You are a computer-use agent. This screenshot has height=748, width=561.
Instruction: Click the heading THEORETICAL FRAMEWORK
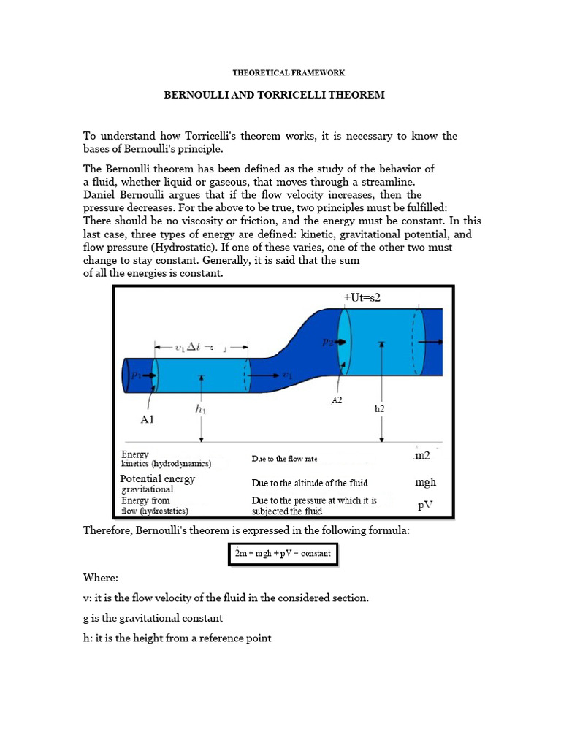point(288,73)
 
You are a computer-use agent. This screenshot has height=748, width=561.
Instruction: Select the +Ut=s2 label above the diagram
point(362,298)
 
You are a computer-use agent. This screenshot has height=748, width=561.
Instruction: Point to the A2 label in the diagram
point(337,401)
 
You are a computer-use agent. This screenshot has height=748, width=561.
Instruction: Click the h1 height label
point(200,410)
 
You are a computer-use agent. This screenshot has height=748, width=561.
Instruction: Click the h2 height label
point(379,409)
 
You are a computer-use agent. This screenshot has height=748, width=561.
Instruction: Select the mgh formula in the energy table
point(424,482)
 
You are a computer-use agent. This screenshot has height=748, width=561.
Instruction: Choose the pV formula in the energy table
point(426,505)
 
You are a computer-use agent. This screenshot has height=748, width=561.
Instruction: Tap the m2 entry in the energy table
point(422,456)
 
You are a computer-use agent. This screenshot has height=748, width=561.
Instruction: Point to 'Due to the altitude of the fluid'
point(309,483)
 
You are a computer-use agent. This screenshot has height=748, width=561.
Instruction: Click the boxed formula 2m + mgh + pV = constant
point(283,554)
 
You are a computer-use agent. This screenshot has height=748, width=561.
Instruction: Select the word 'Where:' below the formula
point(101,577)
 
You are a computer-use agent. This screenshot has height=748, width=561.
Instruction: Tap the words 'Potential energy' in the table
point(157,479)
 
